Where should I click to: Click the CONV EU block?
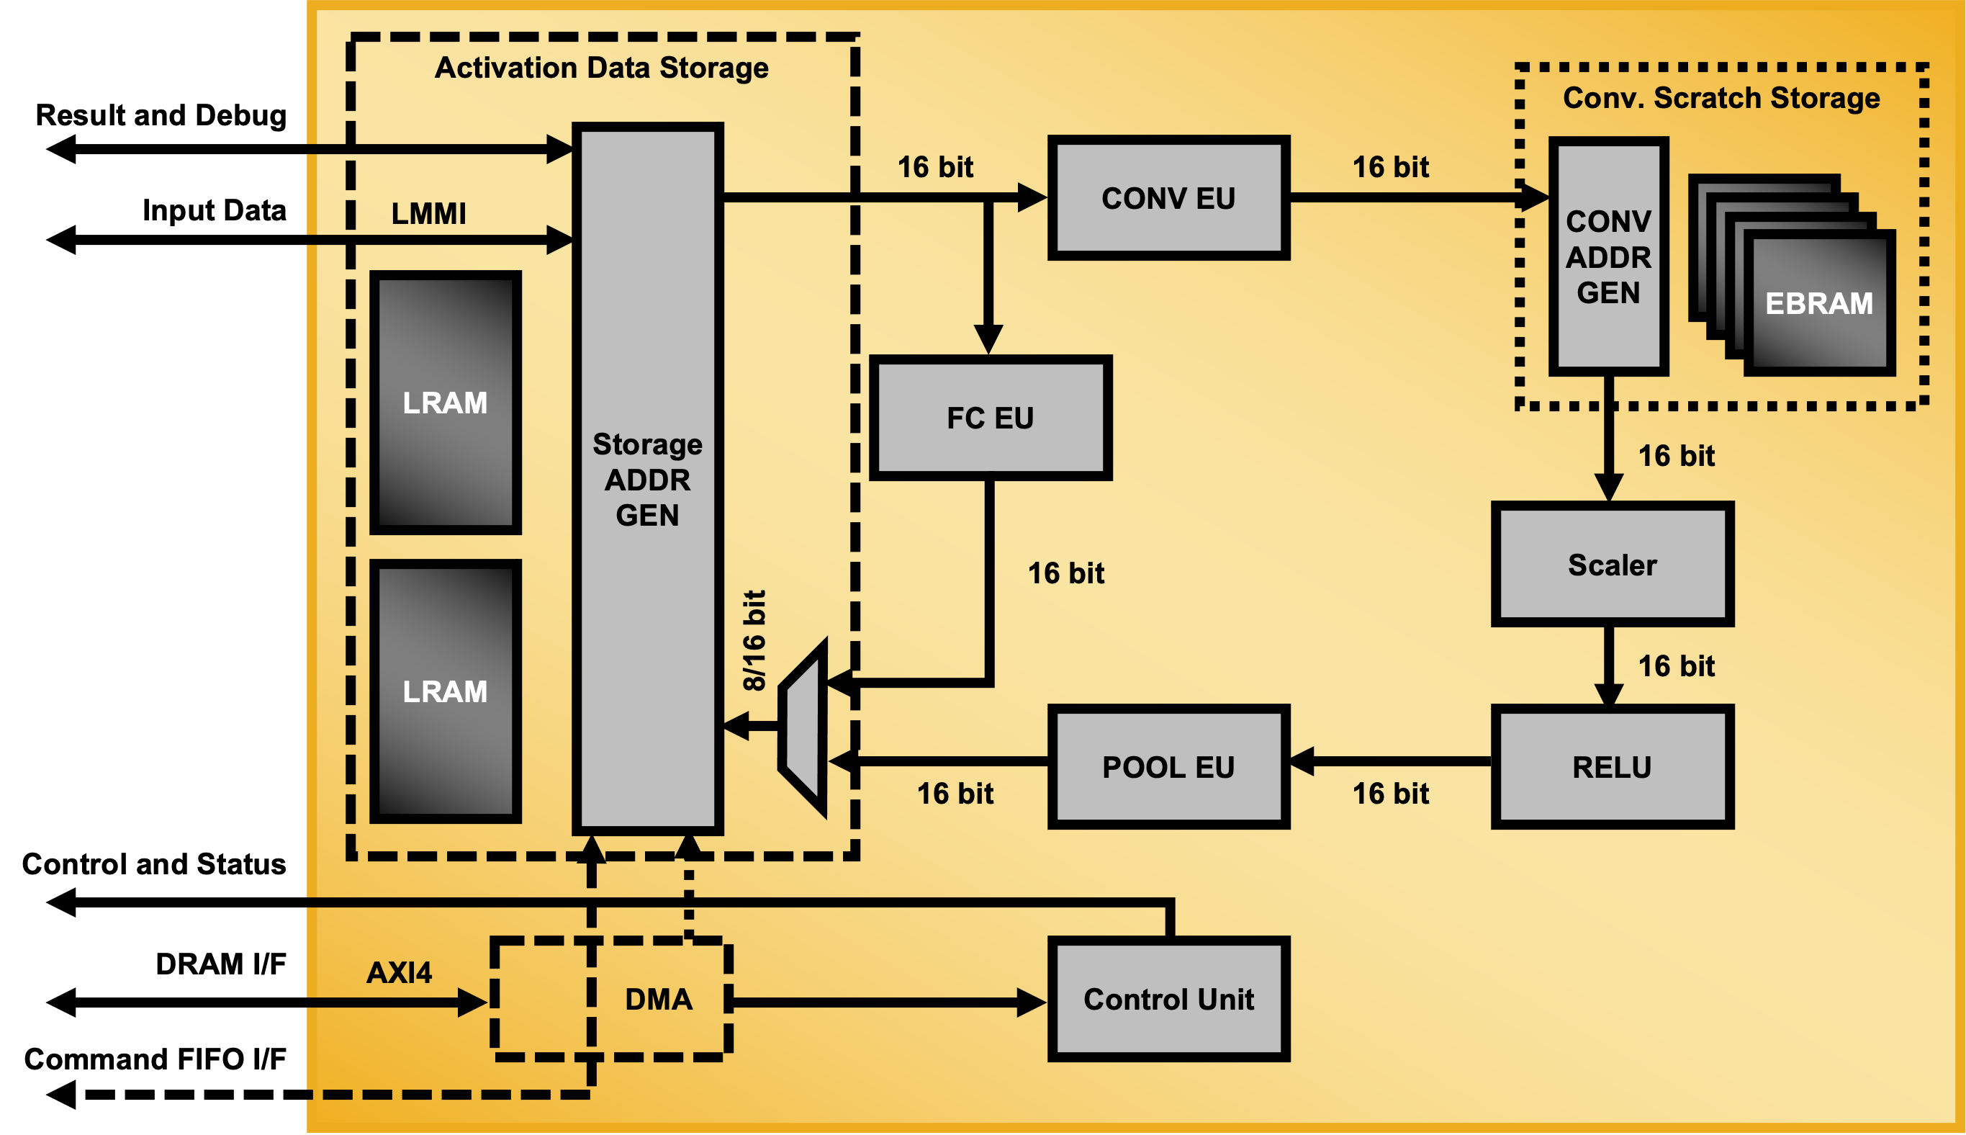1168,198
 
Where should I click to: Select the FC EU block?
990,418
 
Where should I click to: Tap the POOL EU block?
1168,767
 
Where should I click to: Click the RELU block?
1611,767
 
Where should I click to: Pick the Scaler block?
1611,565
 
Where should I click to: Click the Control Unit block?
1168,1000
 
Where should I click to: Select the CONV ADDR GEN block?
1608,257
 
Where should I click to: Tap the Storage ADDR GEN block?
648,479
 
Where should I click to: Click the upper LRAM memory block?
445,403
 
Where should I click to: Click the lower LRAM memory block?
445,691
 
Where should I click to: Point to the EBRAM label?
1818,303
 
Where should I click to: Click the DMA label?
659,1000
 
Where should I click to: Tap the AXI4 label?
399,972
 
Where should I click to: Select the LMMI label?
428,214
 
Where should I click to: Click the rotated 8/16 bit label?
754,641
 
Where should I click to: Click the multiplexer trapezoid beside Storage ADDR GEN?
803,728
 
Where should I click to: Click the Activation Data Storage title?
602,68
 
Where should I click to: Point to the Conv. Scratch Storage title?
1721,98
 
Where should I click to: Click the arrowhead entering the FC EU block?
988,340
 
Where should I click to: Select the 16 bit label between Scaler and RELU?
1676,665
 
